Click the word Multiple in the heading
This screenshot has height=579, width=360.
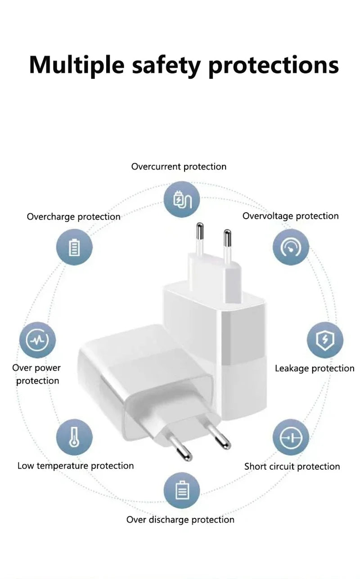77,65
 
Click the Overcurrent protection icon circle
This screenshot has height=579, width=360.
182,199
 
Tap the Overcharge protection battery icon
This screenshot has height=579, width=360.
74,247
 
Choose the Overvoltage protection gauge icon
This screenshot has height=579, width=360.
291,247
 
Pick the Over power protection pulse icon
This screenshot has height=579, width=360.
37,340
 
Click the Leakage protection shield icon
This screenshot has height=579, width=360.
325,340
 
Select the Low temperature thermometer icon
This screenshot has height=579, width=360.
74,437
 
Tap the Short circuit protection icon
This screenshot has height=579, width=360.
291,437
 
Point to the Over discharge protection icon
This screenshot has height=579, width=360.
182,490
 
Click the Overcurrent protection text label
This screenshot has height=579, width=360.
179,167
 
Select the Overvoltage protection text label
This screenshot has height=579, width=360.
290,216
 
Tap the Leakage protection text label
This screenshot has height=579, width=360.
315,368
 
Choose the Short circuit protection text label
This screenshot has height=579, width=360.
292,467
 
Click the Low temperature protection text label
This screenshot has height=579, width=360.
76,466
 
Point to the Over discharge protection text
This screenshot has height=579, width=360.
180,520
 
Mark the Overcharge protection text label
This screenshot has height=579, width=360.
73,217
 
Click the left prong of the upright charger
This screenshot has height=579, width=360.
200,239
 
